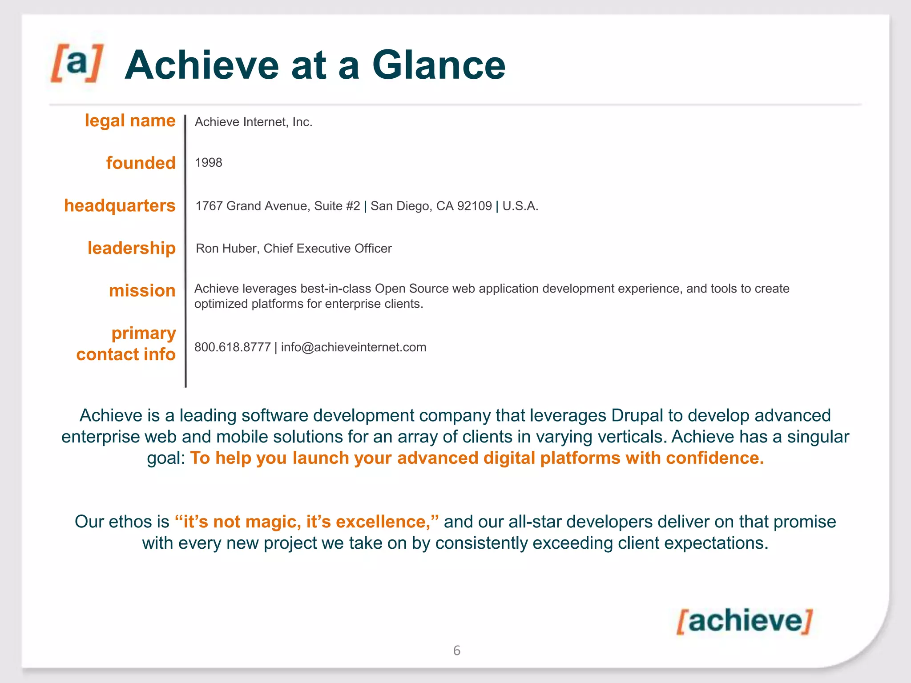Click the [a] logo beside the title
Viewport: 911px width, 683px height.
tap(77, 63)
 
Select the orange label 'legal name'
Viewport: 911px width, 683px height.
tap(130, 121)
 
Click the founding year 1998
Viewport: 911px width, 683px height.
tap(208, 163)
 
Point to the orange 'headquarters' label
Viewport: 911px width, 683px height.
tap(120, 206)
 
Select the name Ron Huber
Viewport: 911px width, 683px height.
tap(226, 249)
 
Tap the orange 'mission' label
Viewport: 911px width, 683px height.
tap(142, 291)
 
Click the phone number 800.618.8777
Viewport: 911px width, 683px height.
tap(232, 347)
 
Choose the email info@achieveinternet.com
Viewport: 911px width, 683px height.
tap(354, 347)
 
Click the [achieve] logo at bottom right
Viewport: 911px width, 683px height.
tap(744, 621)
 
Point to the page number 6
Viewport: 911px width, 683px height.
tap(456, 651)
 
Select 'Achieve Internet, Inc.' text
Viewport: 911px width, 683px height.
tap(254, 122)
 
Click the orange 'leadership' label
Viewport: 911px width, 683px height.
tap(131, 248)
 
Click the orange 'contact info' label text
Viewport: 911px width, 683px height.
tap(126, 355)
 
